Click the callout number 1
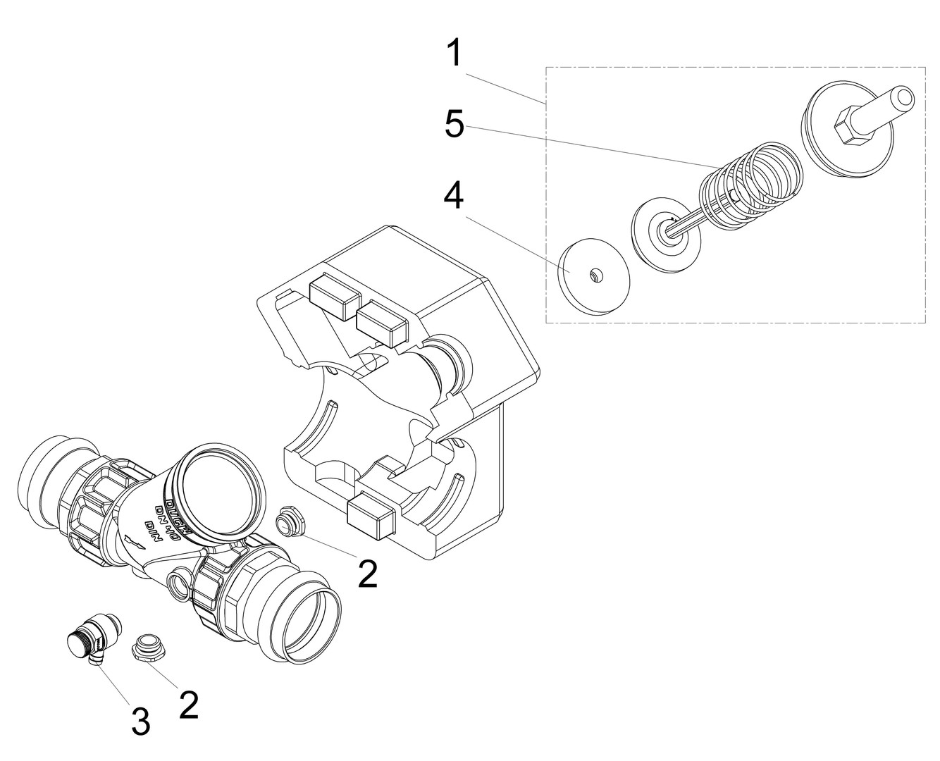click(456, 54)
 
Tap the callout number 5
click(454, 125)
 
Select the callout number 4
click(454, 197)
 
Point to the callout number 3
click(141, 722)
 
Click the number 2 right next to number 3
click(188, 705)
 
